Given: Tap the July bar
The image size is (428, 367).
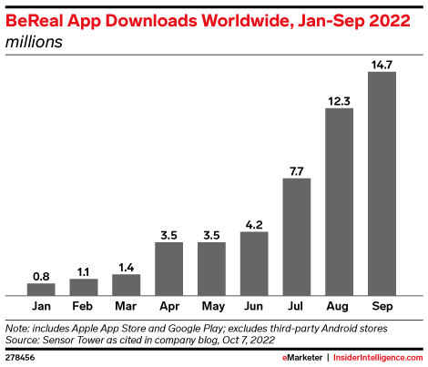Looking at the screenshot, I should tap(297, 237).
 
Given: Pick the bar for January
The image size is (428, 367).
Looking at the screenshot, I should tap(40, 290).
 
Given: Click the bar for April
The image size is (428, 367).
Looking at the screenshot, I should tap(168, 269).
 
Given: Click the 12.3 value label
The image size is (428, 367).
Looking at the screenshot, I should tap(340, 100).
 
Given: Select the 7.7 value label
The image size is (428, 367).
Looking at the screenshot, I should tap(297, 170).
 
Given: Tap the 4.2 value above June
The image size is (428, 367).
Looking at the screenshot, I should tap(254, 223).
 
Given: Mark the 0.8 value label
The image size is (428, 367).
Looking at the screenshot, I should tap(40, 275).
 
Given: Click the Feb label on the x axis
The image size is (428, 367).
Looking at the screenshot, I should tap(83, 307).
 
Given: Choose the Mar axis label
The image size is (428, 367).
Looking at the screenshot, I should tap(126, 307).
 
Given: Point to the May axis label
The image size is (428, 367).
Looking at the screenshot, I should tap(211, 307).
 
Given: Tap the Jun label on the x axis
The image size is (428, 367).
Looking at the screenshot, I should tap(254, 307).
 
